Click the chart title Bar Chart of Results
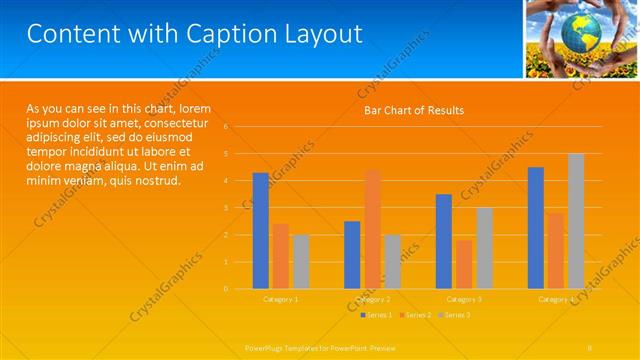tap(413, 110)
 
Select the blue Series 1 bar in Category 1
tap(260, 230)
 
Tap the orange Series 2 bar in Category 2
tap(372, 229)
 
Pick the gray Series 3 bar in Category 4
tap(576, 221)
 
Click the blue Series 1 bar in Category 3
tap(444, 241)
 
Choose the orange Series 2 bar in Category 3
tap(464, 264)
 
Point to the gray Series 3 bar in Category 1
tap(301, 261)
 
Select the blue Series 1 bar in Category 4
tap(536, 227)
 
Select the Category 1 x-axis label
tap(281, 299)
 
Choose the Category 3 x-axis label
tap(464, 299)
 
